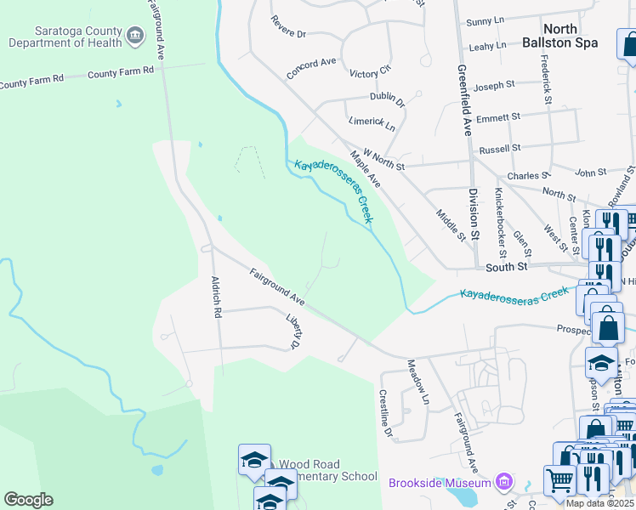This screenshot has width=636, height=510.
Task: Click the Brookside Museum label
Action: (x=441, y=483)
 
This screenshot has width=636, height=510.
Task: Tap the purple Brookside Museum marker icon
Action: (x=504, y=483)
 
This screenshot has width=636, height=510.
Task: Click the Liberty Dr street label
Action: (x=294, y=332)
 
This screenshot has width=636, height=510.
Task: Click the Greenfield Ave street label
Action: (x=464, y=99)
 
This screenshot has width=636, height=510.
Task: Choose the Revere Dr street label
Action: (x=288, y=26)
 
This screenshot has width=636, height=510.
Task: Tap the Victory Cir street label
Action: (x=370, y=71)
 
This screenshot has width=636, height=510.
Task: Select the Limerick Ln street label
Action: (x=372, y=124)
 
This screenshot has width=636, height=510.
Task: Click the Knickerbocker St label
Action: (x=501, y=223)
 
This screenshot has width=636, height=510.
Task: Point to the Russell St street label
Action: (x=499, y=149)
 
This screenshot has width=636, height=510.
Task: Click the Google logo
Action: (x=28, y=500)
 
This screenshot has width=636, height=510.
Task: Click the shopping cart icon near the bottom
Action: (x=559, y=481)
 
